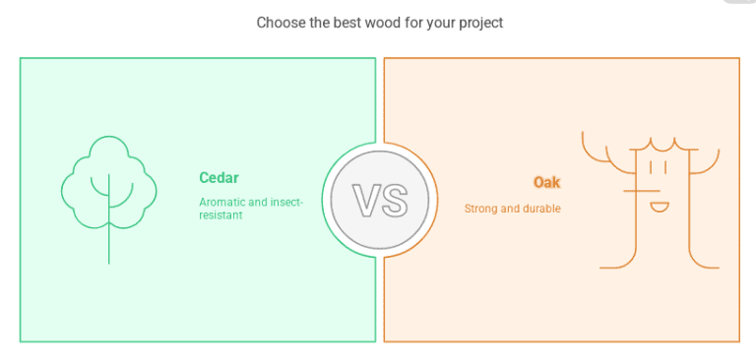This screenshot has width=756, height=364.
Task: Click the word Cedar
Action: click(x=219, y=178)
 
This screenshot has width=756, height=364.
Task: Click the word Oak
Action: click(x=546, y=182)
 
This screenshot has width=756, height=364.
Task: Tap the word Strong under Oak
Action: click(x=481, y=209)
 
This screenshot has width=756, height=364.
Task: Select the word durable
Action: click(x=540, y=209)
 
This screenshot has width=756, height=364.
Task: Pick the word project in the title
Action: click(x=479, y=22)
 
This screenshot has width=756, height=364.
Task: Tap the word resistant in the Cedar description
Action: click(x=220, y=214)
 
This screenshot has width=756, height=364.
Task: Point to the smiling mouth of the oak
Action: click(x=660, y=206)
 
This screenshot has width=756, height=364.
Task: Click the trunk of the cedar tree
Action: click(x=108, y=241)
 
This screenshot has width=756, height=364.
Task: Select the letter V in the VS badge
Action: click(x=366, y=201)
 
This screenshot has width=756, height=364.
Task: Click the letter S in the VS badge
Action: click(x=393, y=201)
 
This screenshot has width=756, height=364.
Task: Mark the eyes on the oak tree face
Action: click(x=659, y=167)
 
